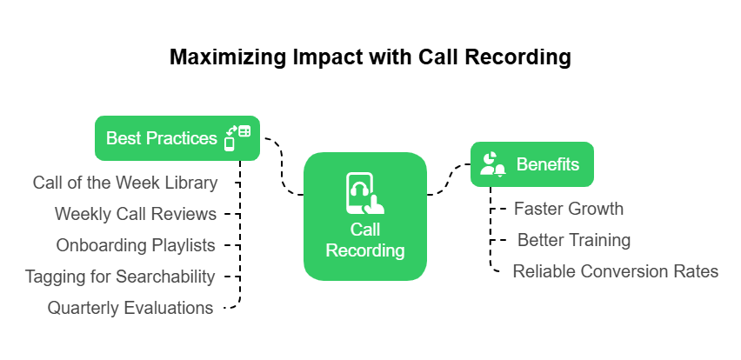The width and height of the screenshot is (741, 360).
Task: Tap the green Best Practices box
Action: tap(162, 138)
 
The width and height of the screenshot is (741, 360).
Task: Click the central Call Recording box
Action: tap(365, 217)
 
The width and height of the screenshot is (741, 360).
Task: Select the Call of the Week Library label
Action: tap(124, 183)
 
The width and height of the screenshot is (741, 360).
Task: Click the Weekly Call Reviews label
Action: tap(136, 214)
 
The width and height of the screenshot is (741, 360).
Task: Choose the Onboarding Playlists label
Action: tap(136, 245)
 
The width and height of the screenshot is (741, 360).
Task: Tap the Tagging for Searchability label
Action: tap(120, 277)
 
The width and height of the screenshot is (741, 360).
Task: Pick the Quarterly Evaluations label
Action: tap(130, 308)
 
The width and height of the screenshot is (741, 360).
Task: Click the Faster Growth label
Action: tap(569, 209)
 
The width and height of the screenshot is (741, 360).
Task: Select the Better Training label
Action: tap(574, 240)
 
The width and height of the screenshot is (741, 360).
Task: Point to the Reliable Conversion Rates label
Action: tap(616, 271)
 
